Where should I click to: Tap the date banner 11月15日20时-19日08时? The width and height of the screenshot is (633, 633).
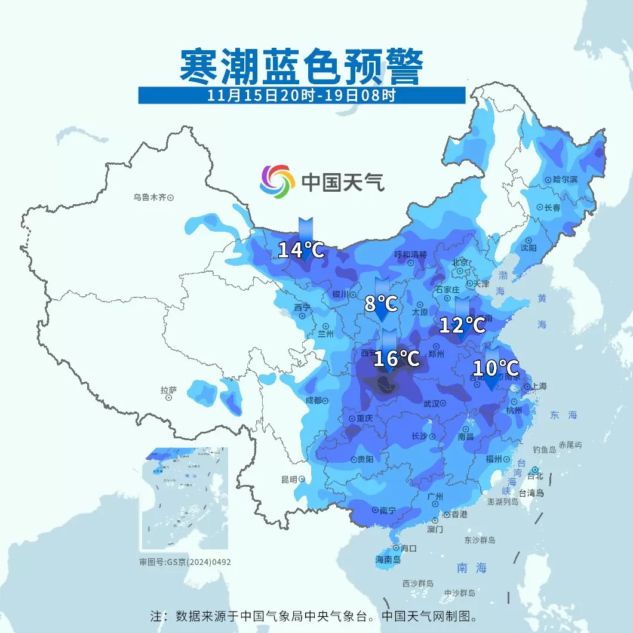tap(302, 95)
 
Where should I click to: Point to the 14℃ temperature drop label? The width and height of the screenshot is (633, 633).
tap(302, 250)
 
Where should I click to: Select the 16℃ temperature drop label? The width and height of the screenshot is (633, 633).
tap(397, 358)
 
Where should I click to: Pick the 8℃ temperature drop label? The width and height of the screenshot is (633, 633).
tap(381, 304)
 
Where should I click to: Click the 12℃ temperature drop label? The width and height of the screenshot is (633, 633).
tap(462, 325)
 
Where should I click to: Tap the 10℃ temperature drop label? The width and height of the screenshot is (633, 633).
tap(495, 367)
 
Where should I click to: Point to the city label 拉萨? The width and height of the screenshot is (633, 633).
tap(168, 390)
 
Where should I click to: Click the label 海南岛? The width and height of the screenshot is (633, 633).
tap(388, 560)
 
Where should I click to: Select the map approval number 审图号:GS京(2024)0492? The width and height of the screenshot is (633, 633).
tap(185, 562)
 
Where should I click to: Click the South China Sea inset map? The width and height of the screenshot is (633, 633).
tap(185, 498)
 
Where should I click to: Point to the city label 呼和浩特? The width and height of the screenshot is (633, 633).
tap(411, 254)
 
